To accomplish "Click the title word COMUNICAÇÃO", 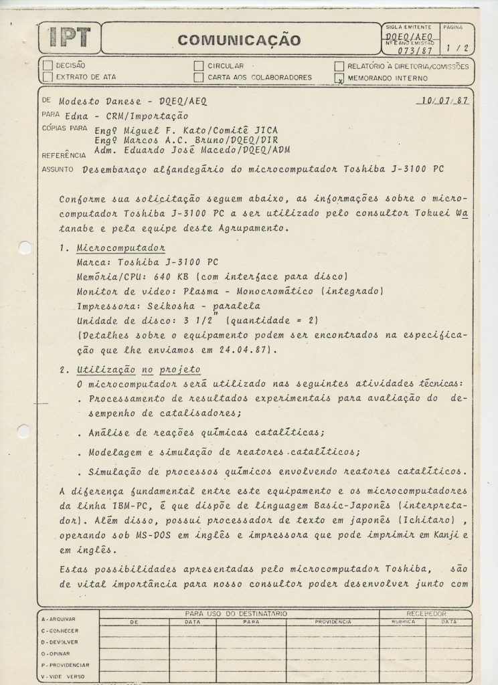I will coord(239,41).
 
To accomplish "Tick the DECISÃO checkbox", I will coord(47,66).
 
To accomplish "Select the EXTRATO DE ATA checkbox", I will coord(47,77).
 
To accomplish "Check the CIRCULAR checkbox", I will coord(198,66).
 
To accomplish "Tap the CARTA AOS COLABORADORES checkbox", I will coord(198,77).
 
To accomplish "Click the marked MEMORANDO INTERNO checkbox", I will coord(339,78).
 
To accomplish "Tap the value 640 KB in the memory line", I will coord(182,276).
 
